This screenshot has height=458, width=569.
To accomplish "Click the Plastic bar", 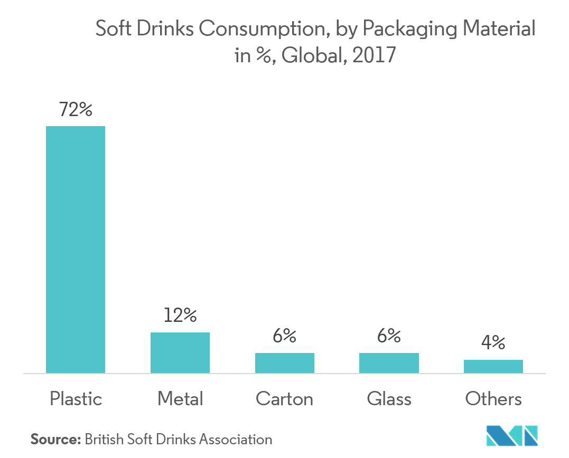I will pos(76,250).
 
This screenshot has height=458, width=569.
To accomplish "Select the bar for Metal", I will pos(180,352).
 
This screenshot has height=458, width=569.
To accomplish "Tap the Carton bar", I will pos(285,363).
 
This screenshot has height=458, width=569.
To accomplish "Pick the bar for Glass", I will pos(389,363).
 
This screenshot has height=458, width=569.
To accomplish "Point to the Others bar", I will pos(493,366).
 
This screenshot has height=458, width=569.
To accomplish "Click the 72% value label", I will pos(76,110).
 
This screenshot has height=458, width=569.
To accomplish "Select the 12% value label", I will pos(180,316).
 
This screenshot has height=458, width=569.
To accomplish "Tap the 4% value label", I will pos(493,343).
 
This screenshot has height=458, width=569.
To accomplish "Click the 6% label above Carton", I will pos(285,336).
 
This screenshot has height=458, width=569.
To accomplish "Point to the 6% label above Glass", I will pos(389,336).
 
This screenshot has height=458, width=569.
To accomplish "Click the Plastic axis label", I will pos(76,399).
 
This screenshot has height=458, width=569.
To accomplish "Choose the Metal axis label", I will pos(180,399).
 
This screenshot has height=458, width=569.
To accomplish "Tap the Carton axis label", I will pos(285,399).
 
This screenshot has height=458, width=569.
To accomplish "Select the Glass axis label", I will pos(389,399).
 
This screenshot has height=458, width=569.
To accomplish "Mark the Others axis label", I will pos(493,399).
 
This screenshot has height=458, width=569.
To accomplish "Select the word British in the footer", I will pos(104,439).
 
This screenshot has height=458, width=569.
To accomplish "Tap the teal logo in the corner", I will pos(511,435).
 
